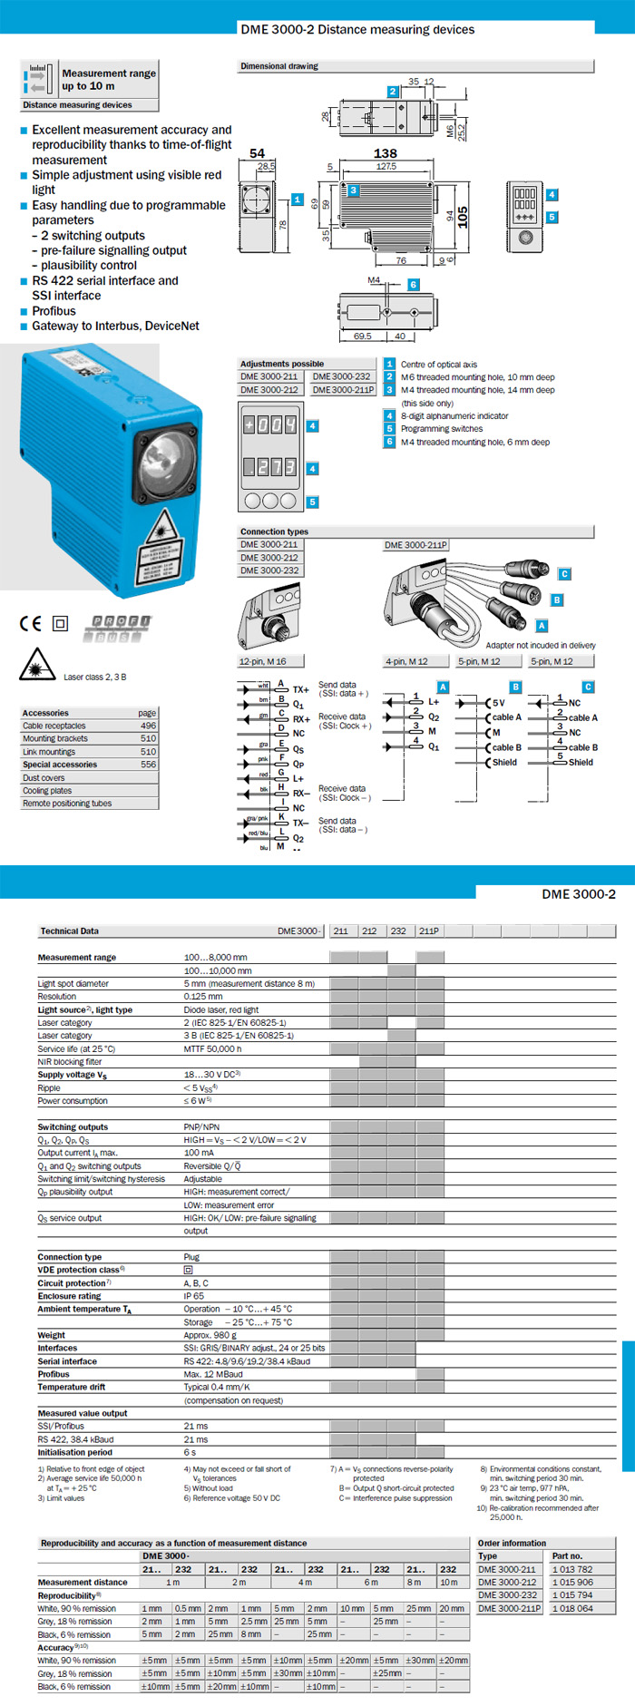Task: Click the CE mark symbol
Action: pyautogui.click(x=30, y=623)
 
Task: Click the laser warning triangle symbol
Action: pyautogui.click(x=36, y=665)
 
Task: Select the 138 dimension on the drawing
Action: pyautogui.click(x=386, y=153)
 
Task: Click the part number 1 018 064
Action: pyautogui.click(x=572, y=1608)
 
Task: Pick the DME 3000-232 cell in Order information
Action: pyautogui.click(x=507, y=1595)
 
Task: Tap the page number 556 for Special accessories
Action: pyautogui.click(x=148, y=765)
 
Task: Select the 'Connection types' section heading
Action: pyautogui.click(x=274, y=531)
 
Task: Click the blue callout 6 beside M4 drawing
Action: pyautogui.click(x=414, y=285)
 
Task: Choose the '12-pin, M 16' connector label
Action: pyautogui.click(x=262, y=661)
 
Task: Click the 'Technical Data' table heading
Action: pyautogui.click(x=70, y=931)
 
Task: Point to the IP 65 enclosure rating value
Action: pyautogui.click(x=194, y=1296)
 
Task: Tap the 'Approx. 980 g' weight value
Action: pyautogui.click(x=210, y=1335)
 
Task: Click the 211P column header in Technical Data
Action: pyautogui.click(x=429, y=931)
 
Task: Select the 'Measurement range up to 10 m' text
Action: pyautogui.click(x=109, y=80)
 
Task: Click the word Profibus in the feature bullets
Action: pyautogui.click(x=54, y=311)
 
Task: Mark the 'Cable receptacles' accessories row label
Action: pyautogui.click(x=54, y=726)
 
